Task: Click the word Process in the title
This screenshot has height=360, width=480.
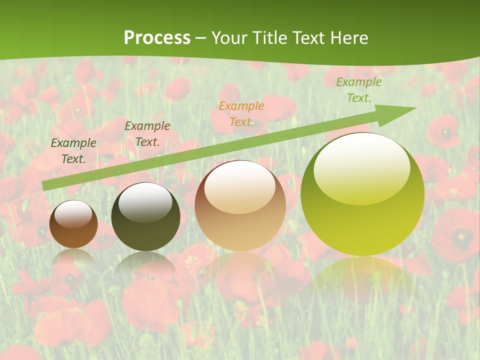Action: point(157,37)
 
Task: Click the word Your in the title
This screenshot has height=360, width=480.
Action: point(229,37)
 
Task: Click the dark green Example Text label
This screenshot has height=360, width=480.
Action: point(73,150)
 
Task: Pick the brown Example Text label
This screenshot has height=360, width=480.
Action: point(147,133)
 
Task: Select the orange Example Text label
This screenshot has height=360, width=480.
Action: point(241,113)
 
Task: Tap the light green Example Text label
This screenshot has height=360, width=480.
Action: point(359,90)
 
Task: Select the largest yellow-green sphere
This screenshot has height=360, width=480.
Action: point(362,210)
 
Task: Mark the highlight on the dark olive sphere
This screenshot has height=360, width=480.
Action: point(145,201)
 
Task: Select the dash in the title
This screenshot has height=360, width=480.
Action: point(201,38)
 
